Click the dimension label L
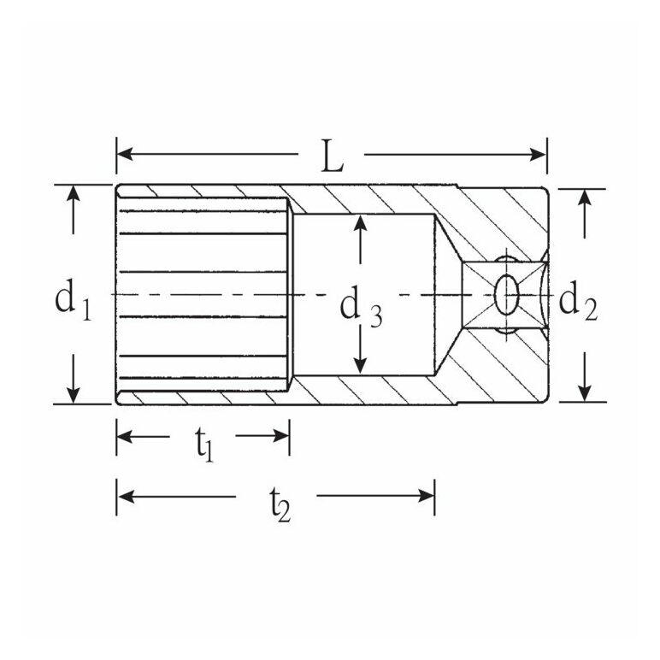(x=332, y=156)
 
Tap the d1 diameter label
(x=73, y=301)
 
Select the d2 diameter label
(x=578, y=302)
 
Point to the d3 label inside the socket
(x=361, y=307)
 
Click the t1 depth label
(x=204, y=445)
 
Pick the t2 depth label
(x=280, y=505)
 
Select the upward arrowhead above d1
(x=74, y=193)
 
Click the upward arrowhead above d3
(x=360, y=223)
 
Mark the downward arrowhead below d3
(x=360, y=365)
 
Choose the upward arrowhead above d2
(x=584, y=197)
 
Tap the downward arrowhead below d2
(x=584, y=393)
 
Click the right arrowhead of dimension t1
(x=280, y=436)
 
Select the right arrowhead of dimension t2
(x=426, y=496)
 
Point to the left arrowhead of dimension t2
(x=126, y=496)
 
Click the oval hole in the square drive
(x=505, y=295)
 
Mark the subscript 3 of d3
(x=376, y=316)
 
